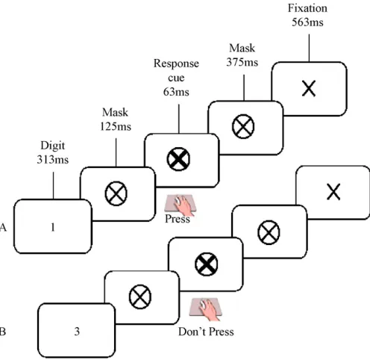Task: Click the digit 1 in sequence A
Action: (x=53, y=227)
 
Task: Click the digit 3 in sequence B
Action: (x=77, y=332)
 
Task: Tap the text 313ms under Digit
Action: (x=53, y=160)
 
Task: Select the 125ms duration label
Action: (x=116, y=126)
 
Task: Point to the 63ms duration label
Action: (x=176, y=92)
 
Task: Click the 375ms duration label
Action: (x=242, y=62)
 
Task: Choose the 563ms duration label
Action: (x=307, y=22)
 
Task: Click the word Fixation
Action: (x=307, y=8)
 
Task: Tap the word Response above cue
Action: (x=176, y=63)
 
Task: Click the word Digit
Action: (x=53, y=146)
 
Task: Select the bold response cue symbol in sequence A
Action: (x=178, y=159)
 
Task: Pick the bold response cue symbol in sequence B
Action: (x=207, y=264)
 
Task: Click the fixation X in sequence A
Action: (x=309, y=88)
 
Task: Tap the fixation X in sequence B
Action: (x=333, y=192)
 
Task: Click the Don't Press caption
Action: (x=206, y=332)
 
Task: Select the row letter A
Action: (x=3, y=227)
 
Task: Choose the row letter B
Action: (x=2, y=332)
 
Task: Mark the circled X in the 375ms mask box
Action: (x=243, y=126)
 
